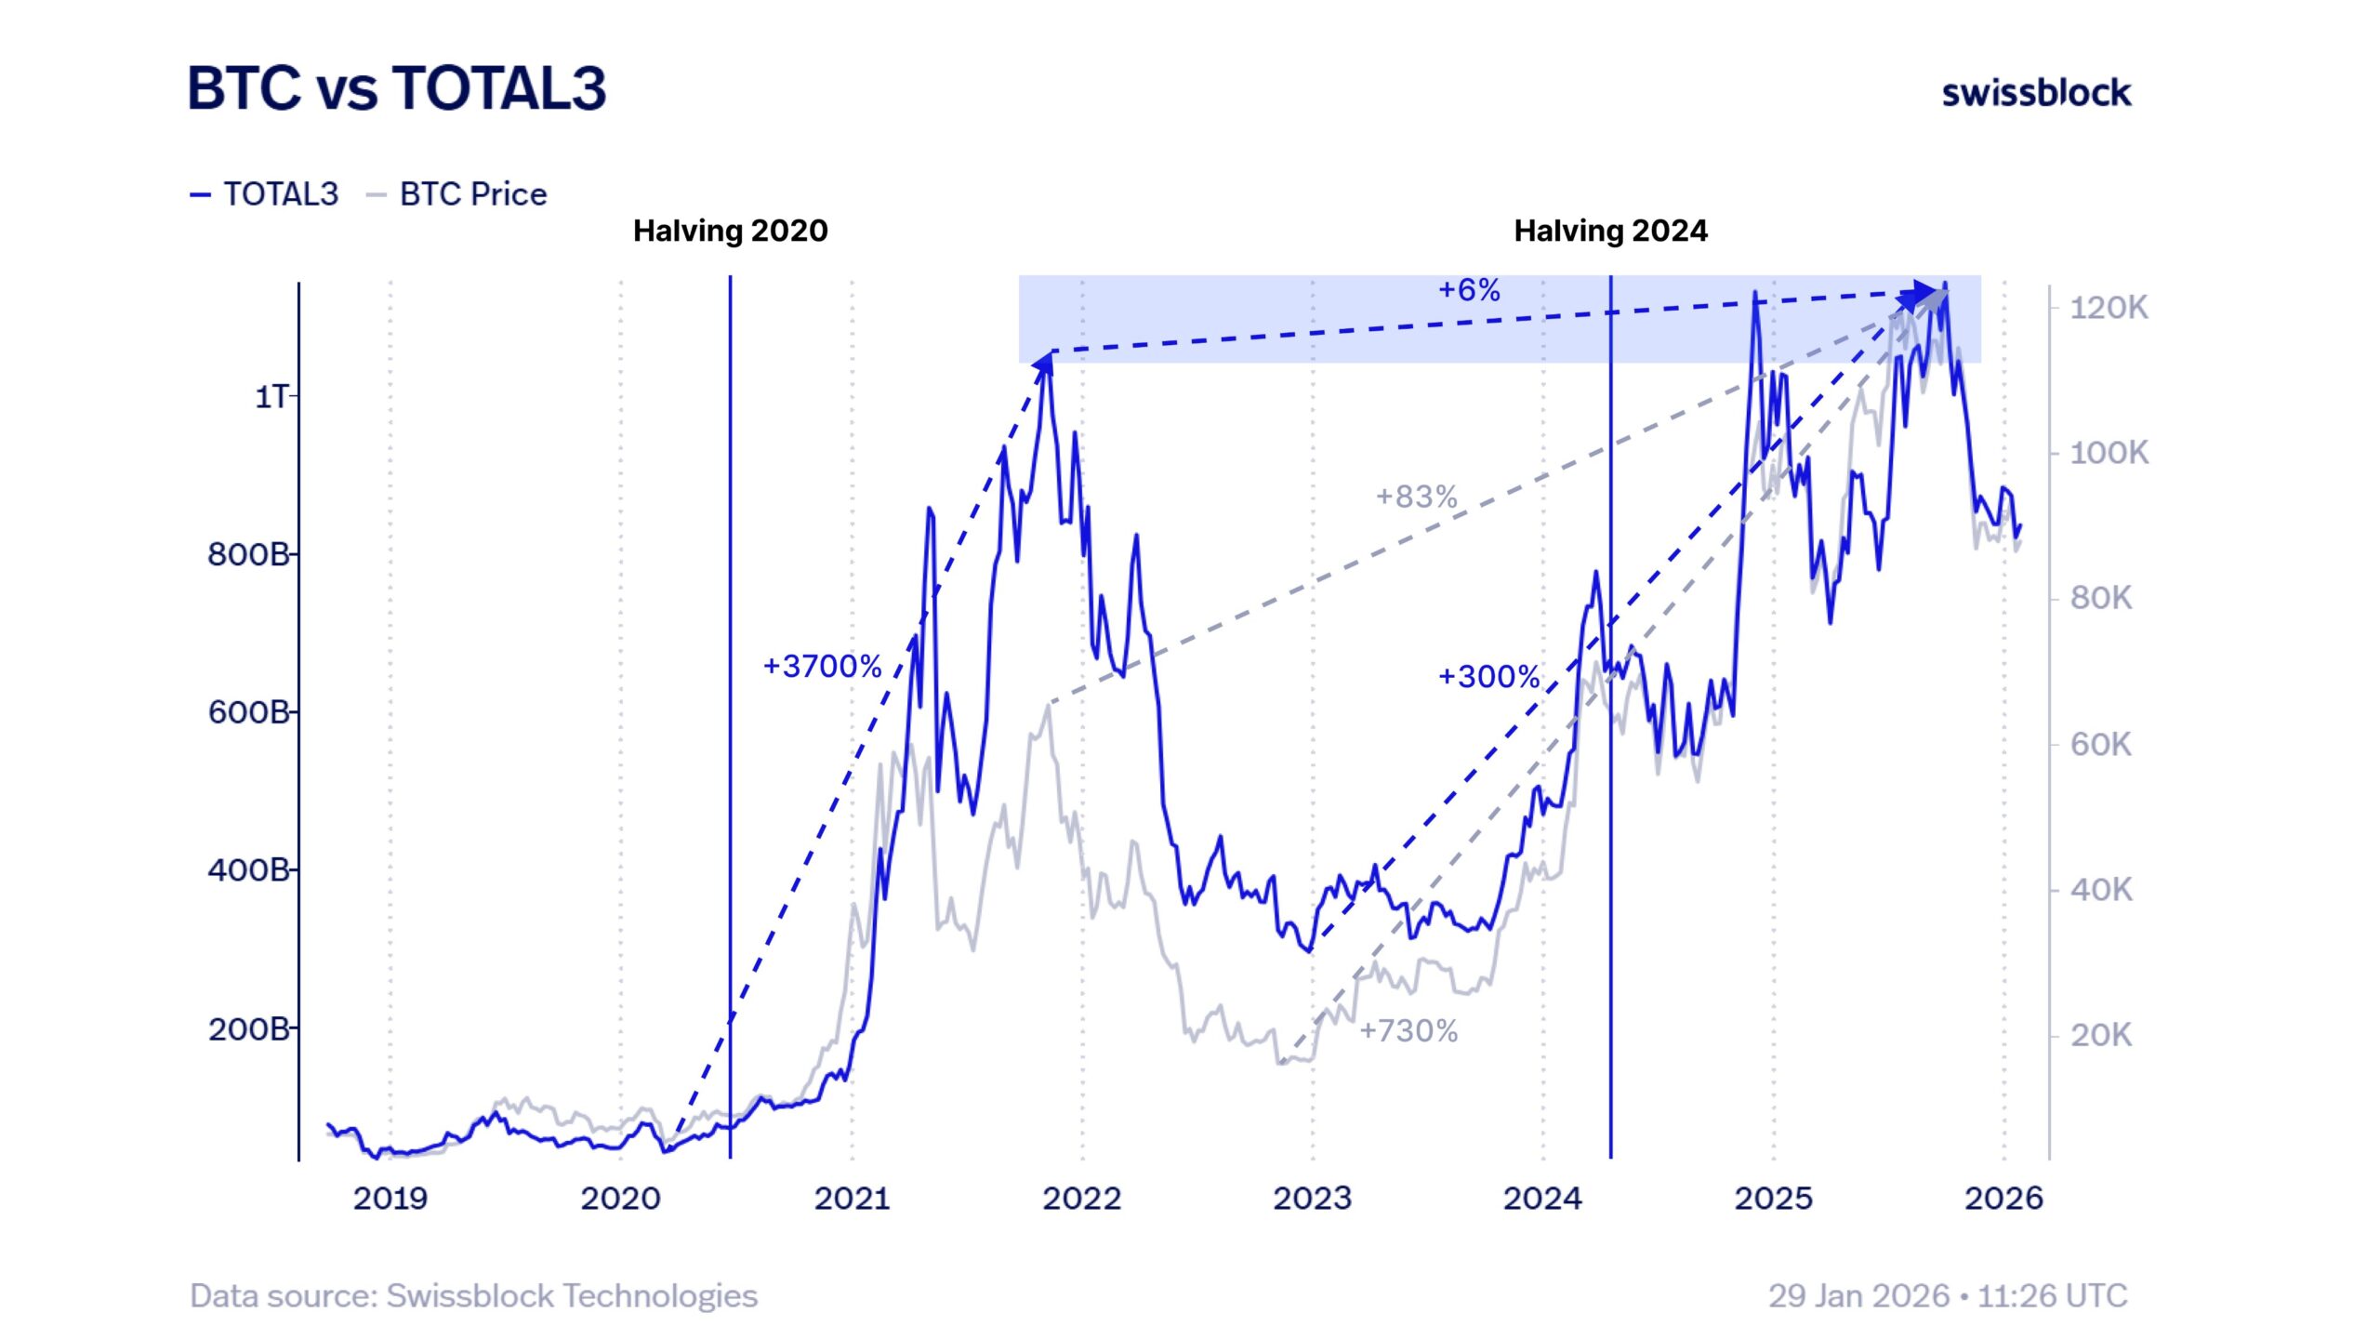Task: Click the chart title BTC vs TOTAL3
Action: [x=397, y=89]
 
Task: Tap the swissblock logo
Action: [x=2036, y=93]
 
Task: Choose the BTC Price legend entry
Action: [x=457, y=194]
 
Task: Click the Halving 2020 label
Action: [x=730, y=231]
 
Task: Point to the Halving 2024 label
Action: [x=1610, y=231]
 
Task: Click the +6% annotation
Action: [x=1469, y=290]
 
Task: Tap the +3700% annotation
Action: [x=822, y=666]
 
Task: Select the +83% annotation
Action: [x=1416, y=497]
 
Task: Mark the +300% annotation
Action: [x=1488, y=676]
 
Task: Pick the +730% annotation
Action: [x=1408, y=1030]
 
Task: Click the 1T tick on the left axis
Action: [x=271, y=397]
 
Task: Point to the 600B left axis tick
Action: [x=248, y=712]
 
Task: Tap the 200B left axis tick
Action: [x=248, y=1028]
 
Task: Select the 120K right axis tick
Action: [x=2109, y=308]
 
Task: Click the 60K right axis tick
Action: [x=2100, y=744]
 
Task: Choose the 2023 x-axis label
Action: [x=1312, y=1198]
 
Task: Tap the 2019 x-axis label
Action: [x=390, y=1198]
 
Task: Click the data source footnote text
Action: [x=473, y=1295]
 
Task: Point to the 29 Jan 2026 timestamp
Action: [x=1947, y=1295]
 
